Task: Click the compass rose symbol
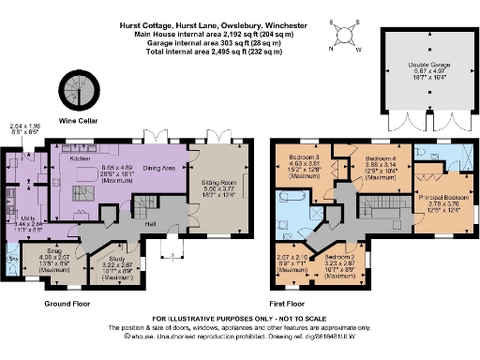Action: point(344,35)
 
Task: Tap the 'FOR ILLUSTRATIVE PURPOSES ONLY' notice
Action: point(239,320)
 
